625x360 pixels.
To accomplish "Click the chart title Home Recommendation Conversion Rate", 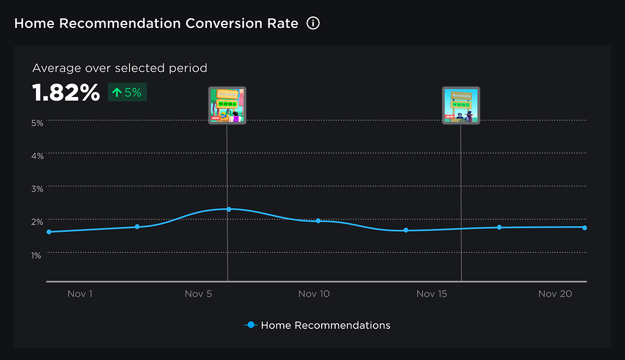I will tap(156, 24).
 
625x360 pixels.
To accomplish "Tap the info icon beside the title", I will tap(313, 24).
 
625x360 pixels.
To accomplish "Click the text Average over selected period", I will tap(120, 68).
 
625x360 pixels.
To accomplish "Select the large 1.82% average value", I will tap(66, 93).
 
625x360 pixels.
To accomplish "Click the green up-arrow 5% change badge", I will tap(128, 93).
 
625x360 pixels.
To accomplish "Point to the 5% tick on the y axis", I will tap(37, 123).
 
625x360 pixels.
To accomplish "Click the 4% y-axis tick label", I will tap(37, 156).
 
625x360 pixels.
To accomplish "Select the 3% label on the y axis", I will tap(37, 189).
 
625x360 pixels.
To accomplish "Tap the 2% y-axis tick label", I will tap(37, 221).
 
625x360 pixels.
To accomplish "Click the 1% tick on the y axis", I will tap(37, 254).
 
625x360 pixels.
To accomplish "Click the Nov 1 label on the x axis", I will tap(80, 294).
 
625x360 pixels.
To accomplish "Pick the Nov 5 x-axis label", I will tap(198, 294).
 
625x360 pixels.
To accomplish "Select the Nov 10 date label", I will tap(314, 294).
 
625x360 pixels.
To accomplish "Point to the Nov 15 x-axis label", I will tap(432, 294).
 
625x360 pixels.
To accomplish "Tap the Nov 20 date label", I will tap(555, 294).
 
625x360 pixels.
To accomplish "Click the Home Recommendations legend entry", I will tap(317, 325).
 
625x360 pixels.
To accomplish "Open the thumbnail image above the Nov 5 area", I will tap(227, 106).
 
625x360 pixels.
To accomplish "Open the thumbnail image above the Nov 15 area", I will tap(461, 106).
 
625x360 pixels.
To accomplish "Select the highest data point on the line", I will tap(229, 209).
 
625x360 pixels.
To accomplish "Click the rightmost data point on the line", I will tap(584, 228).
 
